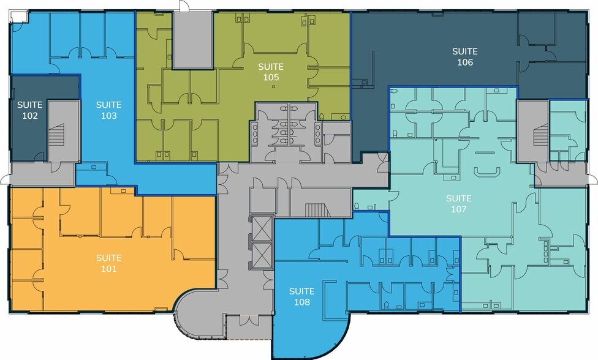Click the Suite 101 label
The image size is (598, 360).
pyautogui.click(x=108, y=263)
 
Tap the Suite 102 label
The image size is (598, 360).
pyautogui.click(x=30, y=110)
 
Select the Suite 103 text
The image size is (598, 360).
pyautogui.click(x=108, y=110)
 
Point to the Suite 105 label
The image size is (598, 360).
pyautogui.click(x=271, y=72)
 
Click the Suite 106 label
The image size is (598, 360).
pyautogui.click(x=465, y=56)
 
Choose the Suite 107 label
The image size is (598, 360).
pyautogui.click(x=459, y=203)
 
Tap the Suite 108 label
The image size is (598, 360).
pyautogui.click(x=301, y=296)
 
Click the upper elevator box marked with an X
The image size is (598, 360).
pyautogui.click(x=262, y=228)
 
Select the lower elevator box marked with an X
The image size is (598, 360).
pyautogui.click(x=262, y=255)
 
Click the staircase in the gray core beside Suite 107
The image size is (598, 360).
pyautogui.click(x=541, y=135)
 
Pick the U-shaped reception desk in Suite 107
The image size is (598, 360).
pyautogui.click(x=486, y=172)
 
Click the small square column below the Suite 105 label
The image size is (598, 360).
pyautogui.click(x=273, y=87)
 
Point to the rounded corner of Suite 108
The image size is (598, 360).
pyautogui.click(x=341, y=343)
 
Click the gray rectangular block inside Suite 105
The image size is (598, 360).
pyautogui.click(x=192, y=40)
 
